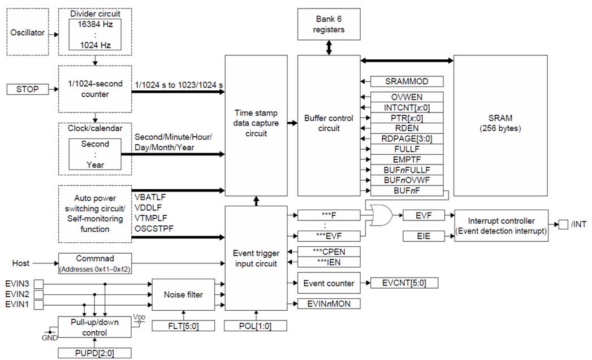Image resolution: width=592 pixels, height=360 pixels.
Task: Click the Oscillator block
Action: [27, 33]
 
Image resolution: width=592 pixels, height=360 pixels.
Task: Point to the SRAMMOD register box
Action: [407, 82]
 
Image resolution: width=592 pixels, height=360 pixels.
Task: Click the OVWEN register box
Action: [407, 97]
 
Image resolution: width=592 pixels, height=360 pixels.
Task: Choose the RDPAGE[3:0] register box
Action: [407, 138]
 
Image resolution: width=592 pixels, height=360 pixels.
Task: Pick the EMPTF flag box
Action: [407, 159]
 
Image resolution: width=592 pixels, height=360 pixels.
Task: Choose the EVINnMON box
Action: [329, 304]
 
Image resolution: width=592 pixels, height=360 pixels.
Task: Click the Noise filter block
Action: [184, 294]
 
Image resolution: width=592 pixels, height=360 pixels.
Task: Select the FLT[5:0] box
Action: [183, 326]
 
